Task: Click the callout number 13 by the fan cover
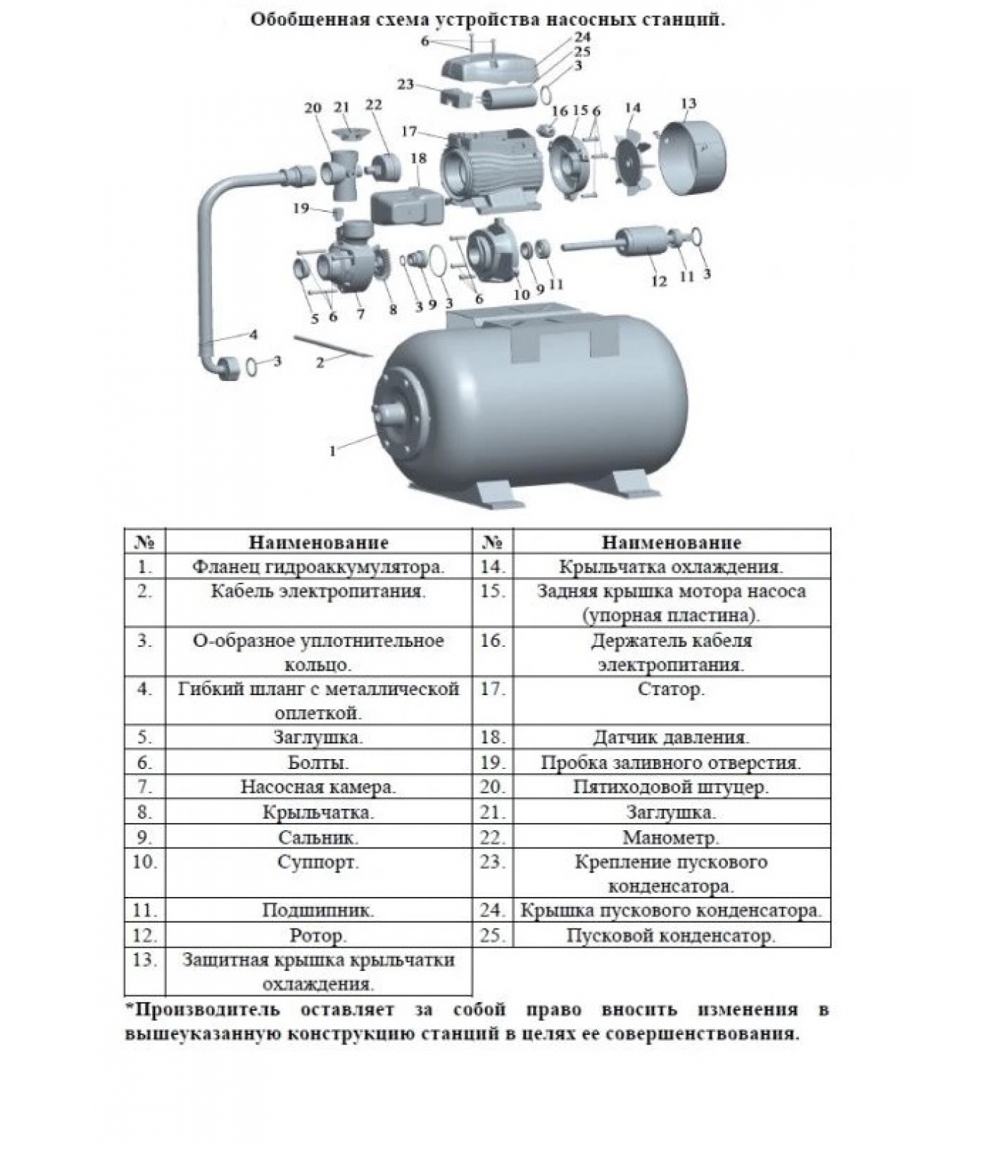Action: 688,103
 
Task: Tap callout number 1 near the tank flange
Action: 332,452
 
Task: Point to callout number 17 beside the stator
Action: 409,132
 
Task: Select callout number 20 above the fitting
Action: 313,108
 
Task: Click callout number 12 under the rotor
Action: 659,281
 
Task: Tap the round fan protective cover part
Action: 692,158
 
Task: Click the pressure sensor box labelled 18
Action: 408,206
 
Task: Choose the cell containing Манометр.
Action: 672,837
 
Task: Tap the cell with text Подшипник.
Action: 318,909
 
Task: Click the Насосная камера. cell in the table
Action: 318,786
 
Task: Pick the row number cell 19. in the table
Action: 493,762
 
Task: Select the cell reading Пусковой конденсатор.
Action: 672,935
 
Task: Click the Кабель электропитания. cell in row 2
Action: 318,603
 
